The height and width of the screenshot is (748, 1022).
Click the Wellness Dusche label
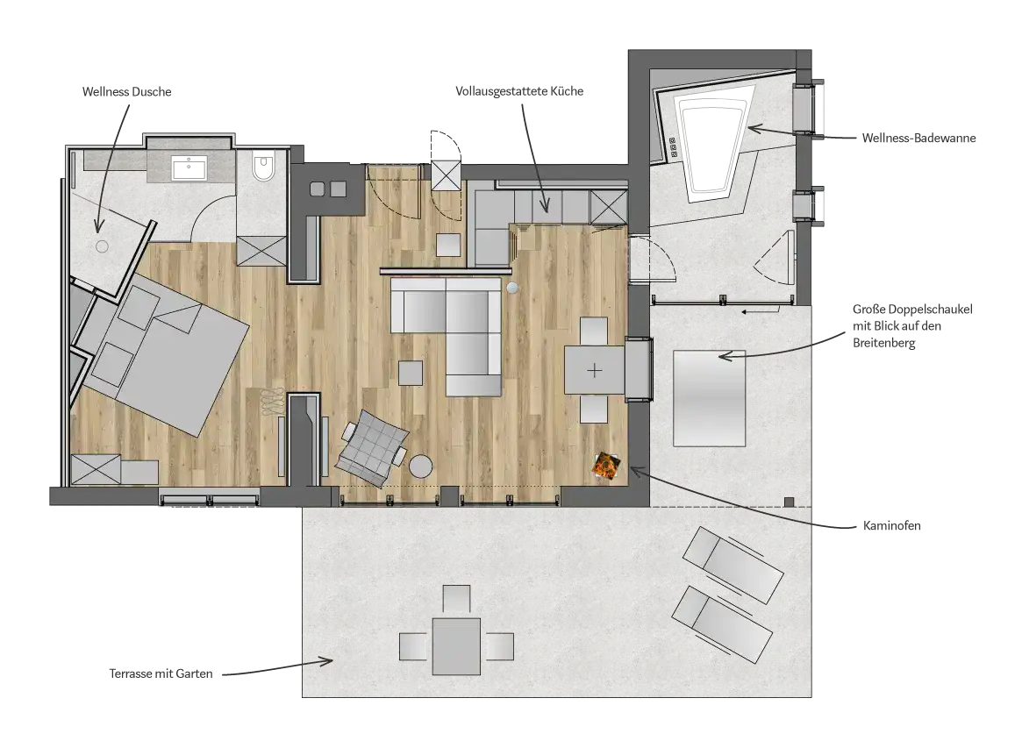pyautogui.click(x=126, y=92)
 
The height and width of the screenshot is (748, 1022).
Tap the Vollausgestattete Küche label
pyautogui.click(x=519, y=91)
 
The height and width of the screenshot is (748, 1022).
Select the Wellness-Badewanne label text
pyautogui.click(x=918, y=138)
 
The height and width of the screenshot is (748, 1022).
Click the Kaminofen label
pyautogui.click(x=891, y=525)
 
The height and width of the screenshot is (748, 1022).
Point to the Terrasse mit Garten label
pyautogui.click(x=161, y=673)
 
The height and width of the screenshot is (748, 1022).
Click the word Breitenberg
pyautogui.click(x=883, y=343)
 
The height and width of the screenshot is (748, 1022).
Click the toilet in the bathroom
pyautogui.click(x=264, y=166)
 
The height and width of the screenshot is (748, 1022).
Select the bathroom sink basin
pyautogui.click(x=189, y=168)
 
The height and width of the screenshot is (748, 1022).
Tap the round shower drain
pyautogui.click(x=103, y=246)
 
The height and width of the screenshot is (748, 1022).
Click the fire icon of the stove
pyautogui.click(x=606, y=467)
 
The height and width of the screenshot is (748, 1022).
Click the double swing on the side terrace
pyautogui.click(x=709, y=398)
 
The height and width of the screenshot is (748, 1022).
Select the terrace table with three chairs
pyautogui.click(x=456, y=638)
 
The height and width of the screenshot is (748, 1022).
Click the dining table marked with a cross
pyautogui.click(x=595, y=370)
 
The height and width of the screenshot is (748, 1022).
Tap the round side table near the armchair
pyautogui.click(x=421, y=466)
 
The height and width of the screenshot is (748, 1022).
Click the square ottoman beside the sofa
pyautogui.click(x=411, y=374)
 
